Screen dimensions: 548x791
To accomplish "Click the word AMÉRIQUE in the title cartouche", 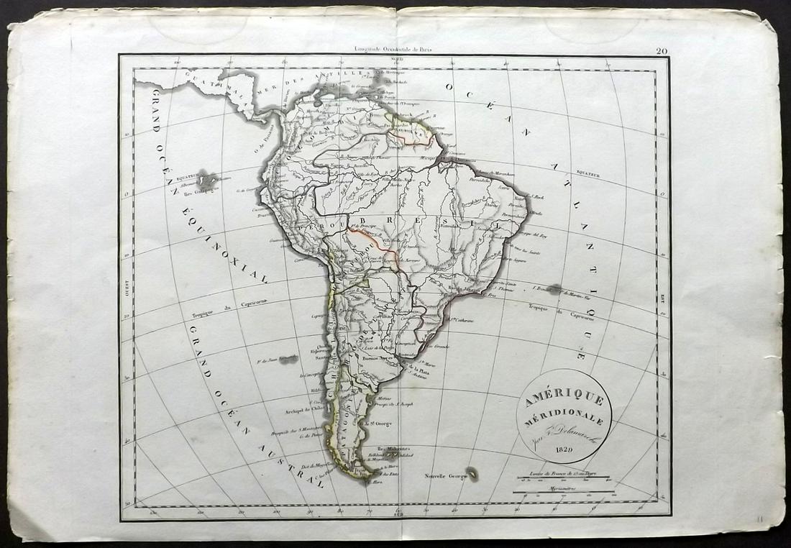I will pos(564,399).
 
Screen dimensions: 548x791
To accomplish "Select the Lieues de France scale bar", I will pos(562,475).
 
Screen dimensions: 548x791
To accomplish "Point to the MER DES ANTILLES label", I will pos(288,86).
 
